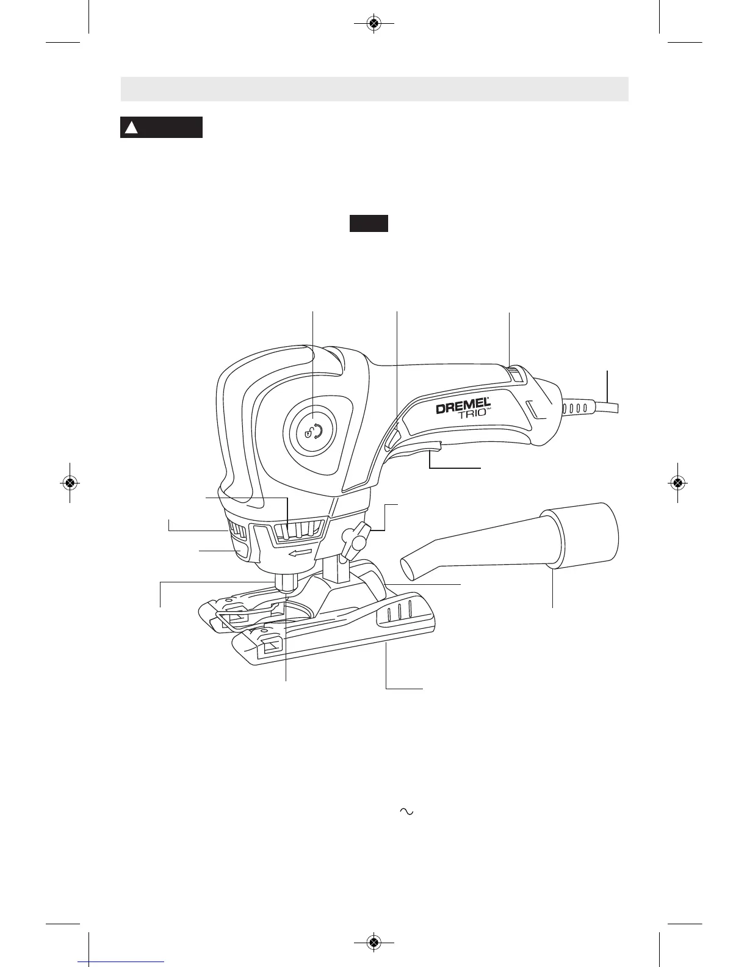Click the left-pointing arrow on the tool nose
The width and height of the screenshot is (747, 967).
tap(304, 553)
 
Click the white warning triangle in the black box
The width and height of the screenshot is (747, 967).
tap(131, 128)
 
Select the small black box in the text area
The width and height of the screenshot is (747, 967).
tap(369, 223)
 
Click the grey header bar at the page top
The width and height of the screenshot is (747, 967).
tap(374, 89)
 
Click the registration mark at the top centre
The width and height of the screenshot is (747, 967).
tap(374, 24)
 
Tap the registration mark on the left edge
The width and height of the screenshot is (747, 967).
tap(70, 482)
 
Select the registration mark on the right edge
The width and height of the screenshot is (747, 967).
tap(677, 482)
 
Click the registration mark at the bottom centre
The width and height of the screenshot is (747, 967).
tap(374, 942)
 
